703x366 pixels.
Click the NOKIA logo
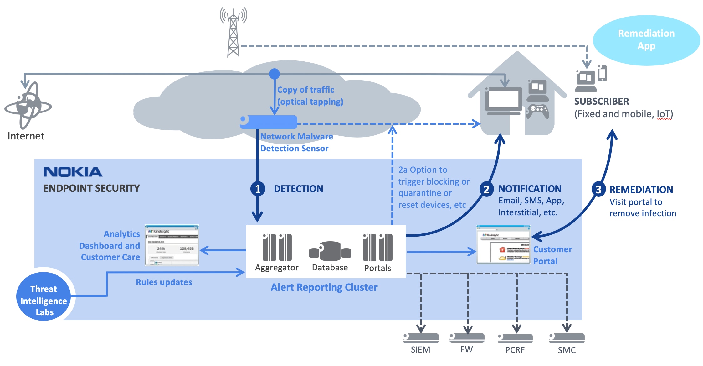pyautogui.click(x=73, y=172)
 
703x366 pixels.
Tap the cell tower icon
pyautogui.click(x=233, y=33)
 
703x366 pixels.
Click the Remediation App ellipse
pyautogui.click(x=646, y=40)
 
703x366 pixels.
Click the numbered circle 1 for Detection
pyautogui.click(x=258, y=189)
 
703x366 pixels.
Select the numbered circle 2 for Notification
pyautogui.click(x=486, y=189)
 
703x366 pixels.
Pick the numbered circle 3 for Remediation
pyautogui.click(x=598, y=189)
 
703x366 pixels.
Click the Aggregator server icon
pyautogui.click(x=277, y=247)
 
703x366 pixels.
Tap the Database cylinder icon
pyautogui.click(x=330, y=251)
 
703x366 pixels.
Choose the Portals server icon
pyautogui.click(x=377, y=247)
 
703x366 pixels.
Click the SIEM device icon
pyautogui.click(x=421, y=338)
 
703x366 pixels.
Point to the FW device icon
pyautogui.click(x=467, y=338)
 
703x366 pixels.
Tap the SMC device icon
pyautogui.click(x=567, y=338)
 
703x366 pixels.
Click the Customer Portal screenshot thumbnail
pyautogui.click(x=503, y=245)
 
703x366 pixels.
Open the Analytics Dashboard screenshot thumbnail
pyautogui.click(x=172, y=245)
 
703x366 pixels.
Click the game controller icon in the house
pyautogui.click(x=537, y=111)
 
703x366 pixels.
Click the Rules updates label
pyautogui.click(x=164, y=282)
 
